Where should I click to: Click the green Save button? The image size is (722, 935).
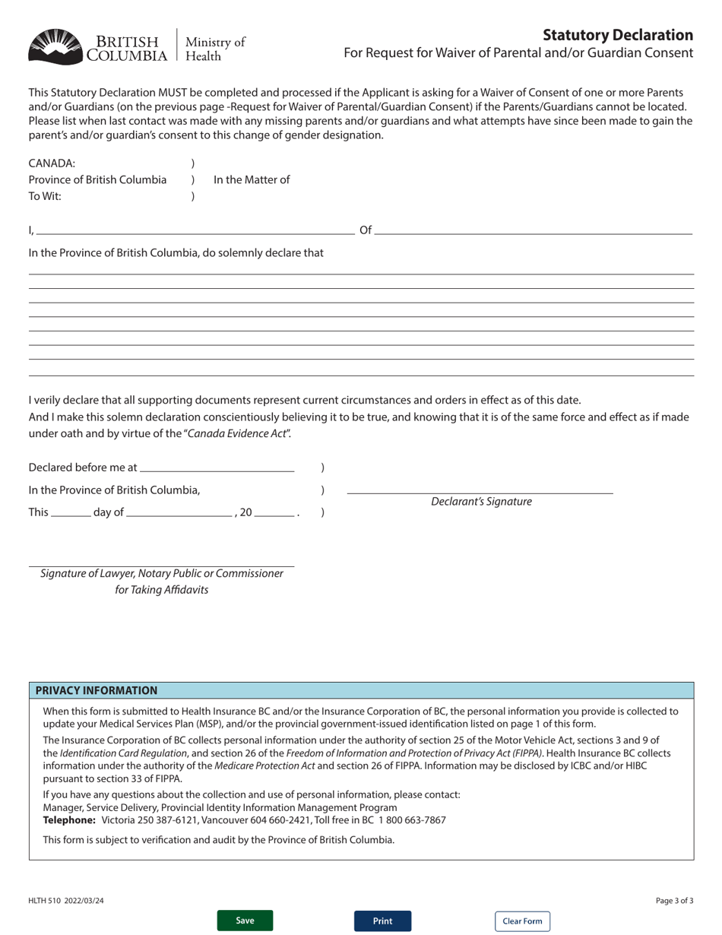point(245,921)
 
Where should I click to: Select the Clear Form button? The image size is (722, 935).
point(522,921)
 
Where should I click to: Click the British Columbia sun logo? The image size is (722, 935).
point(55,46)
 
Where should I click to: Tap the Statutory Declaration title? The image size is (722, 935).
point(617,35)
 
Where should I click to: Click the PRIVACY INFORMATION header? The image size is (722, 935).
point(97,690)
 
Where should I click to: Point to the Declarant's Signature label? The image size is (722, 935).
point(481,502)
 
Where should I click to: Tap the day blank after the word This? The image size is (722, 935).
point(71,512)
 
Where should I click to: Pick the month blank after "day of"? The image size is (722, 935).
point(179,512)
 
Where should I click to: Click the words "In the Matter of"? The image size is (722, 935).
point(252,180)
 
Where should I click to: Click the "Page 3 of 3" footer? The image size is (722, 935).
point(674,901)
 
